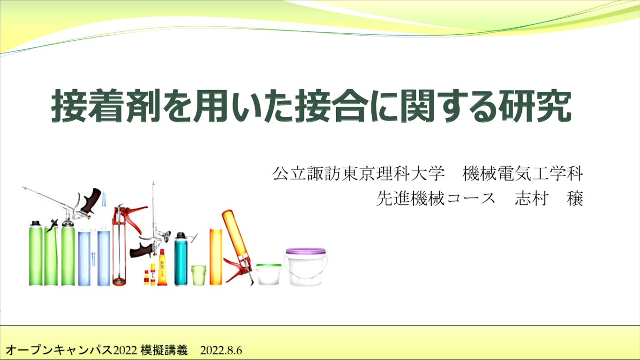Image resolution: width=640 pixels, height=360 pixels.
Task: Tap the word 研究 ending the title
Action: pyautogui.click(x=535, y=105)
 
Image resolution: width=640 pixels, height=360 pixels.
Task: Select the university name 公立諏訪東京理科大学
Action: pyautogui.click(x=359, y=173)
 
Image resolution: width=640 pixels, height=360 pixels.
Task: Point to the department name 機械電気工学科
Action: pyautogui.click(x=523, y=173)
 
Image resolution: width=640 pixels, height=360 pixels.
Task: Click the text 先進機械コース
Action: pyautogui.click(x=436, y=198)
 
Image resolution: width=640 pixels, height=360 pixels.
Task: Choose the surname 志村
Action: pyautogui.click(x=532, y=198)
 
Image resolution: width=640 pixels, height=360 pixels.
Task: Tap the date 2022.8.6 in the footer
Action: pyautogui.click(x=221, y=350)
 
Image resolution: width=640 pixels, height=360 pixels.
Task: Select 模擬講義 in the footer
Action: pyautogui.click(x=164, y=350)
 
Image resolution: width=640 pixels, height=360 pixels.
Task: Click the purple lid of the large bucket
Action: pyautogui.click(x=306, y=251)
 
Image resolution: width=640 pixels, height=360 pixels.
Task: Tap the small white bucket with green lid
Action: pyautogui.click(x=268, y=274)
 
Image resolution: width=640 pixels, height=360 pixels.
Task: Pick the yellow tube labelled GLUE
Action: pyautogui.click(x=162, y=268)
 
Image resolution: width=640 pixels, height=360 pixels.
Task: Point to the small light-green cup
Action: pyautogui.click(x=199, y=275)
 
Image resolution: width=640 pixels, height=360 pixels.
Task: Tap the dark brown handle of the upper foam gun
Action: pyautogui.click(x=91, y=201)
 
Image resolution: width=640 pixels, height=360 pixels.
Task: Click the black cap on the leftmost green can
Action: pyautogui.click(x=36, y=223)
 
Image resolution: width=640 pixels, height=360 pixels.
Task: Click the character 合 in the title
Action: pyautogui.click(x=350, y=105)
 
